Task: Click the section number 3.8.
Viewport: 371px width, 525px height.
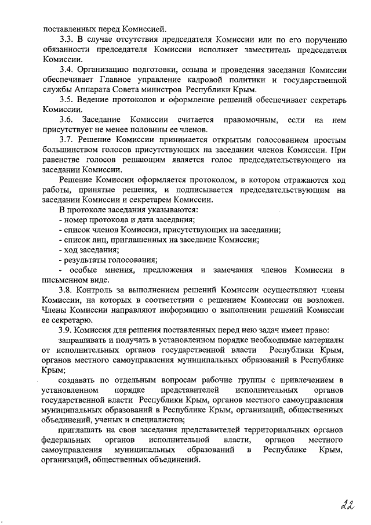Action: click(x=67, y=288)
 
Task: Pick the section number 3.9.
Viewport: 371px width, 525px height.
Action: click(x=67, y=328)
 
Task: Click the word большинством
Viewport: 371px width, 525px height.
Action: click(x=70, y=150)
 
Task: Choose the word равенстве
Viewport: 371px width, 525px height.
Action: click(x=61, y=160)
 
